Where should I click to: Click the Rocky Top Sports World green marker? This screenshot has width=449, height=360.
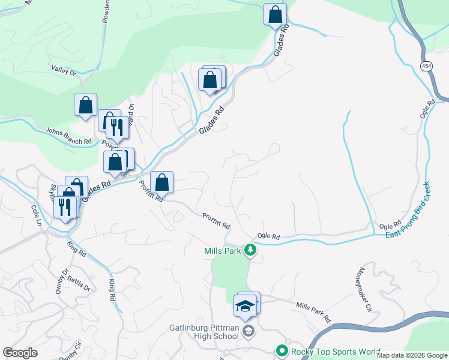(280, 350)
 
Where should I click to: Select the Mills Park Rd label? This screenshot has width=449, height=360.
(313, 311)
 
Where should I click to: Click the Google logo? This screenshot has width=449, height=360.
(20, 353)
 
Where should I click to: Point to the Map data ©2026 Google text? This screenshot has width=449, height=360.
(412, 355)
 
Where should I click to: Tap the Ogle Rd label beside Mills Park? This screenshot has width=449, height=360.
(268, 236)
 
